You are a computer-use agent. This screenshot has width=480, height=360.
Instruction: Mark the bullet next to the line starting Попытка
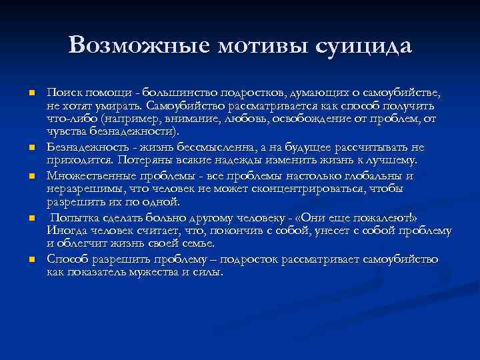coord(31,219)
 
